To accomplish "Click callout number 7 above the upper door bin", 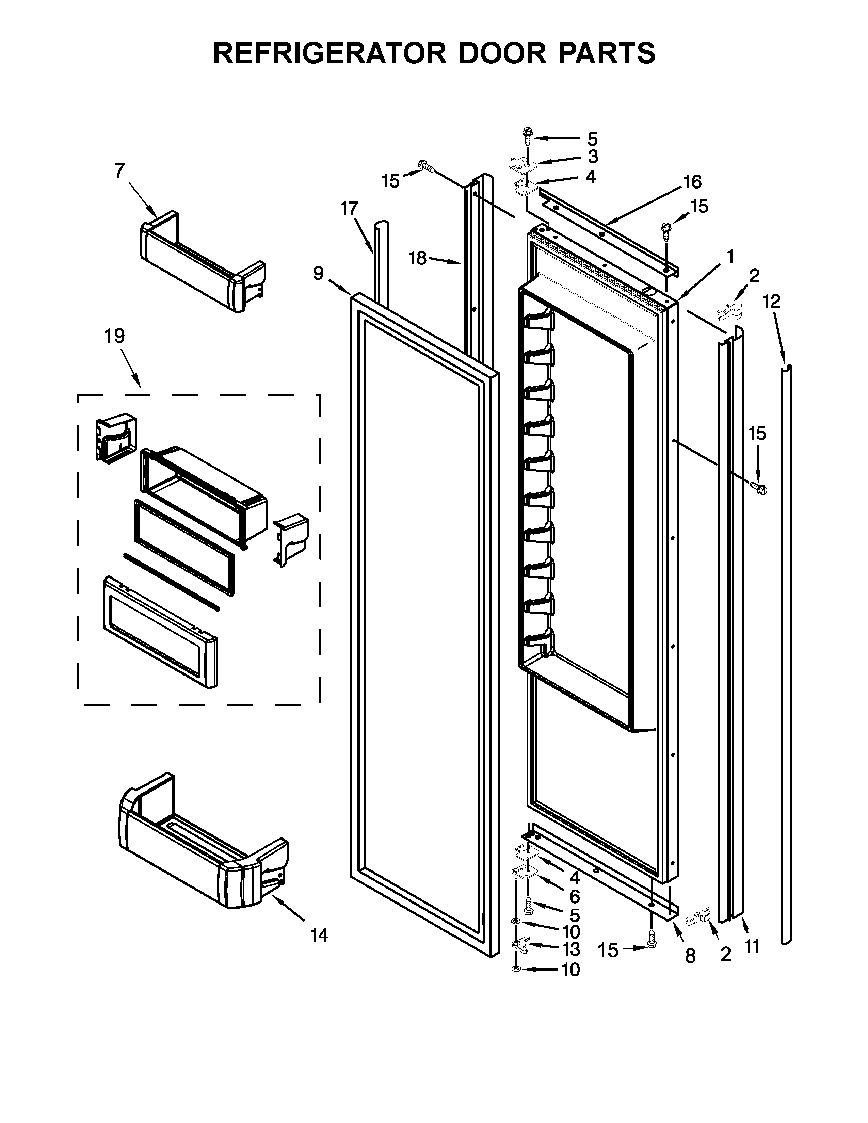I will click(x=119, y=171).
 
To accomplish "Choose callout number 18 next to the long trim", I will click(x=418, y=258).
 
